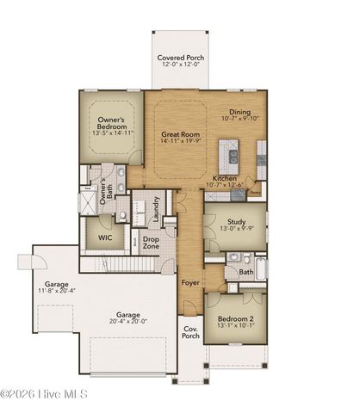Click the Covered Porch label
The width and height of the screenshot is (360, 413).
click(180, 58)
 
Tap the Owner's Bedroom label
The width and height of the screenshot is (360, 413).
click(115, 123)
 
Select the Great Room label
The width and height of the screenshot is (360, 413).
click(181, 135)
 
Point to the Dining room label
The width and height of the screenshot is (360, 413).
click(240, 113)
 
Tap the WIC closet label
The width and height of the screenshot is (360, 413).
click(106, 237)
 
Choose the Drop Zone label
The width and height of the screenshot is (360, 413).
click(152, 243)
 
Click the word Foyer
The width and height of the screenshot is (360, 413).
click(190, 282)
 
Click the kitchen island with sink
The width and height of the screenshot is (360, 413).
click(231, 156)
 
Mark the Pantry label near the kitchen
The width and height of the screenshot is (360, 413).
click(255, 194)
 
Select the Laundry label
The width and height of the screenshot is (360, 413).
click(156, 209)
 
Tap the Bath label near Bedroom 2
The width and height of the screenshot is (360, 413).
click(245, 272)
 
